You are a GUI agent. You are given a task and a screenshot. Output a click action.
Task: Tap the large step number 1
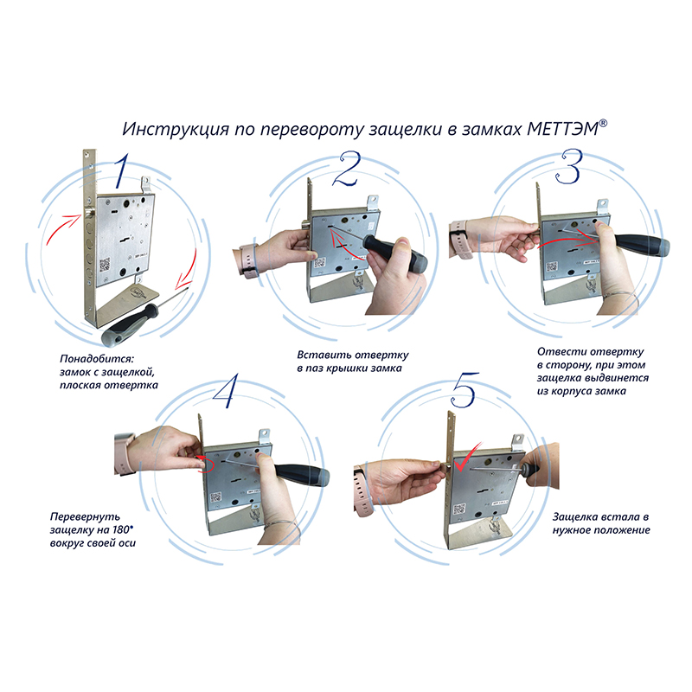(x=122, y=170)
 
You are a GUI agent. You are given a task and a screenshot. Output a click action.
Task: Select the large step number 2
(x=348, y=169)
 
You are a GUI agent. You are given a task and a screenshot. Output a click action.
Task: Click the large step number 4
(x=226, y=391)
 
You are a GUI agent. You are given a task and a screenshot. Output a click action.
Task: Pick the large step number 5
(x=465, y=390)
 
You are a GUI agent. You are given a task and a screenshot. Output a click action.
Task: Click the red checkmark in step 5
(x=466, y=458)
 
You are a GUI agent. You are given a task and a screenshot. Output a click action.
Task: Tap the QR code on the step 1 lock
(x=105, y=265)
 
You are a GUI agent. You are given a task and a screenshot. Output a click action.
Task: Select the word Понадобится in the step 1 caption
(x=96, y=358)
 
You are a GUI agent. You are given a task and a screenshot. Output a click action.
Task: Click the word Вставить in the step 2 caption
(x=324, y=355)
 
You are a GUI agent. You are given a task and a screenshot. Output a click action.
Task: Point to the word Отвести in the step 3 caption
(x=561, y=352)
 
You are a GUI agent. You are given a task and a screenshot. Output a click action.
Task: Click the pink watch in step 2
(x=247, y=260)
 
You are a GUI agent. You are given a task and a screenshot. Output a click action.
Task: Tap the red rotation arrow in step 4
(x=205, y=464)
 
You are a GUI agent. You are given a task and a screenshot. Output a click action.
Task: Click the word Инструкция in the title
(x=176, y=129)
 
